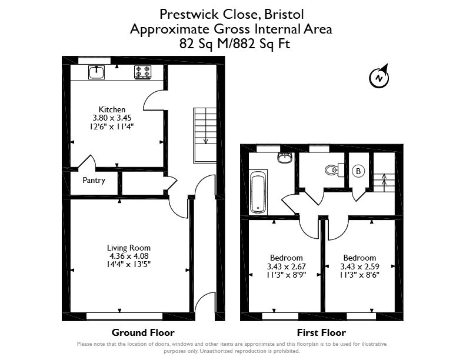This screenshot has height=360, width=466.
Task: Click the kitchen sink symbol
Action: [96, 72]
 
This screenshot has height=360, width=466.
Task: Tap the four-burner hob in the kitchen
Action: [142, 72]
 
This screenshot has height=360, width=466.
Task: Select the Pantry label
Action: [94, 181]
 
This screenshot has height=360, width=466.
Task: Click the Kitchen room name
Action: [112, 109]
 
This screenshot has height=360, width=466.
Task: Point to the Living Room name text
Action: [129, 248]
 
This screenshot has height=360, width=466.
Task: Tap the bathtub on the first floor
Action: [258, 192]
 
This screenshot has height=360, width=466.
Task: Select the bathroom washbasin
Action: [285, 158]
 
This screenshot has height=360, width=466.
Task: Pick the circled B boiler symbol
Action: [358, 171]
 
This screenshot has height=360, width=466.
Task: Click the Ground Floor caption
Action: [143, 332]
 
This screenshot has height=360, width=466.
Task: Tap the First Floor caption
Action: [322, 332]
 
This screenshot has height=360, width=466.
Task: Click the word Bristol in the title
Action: [284, 14]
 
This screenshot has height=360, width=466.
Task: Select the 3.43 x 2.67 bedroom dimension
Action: [287, 266]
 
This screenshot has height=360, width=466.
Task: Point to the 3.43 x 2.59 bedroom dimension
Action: [360, 266]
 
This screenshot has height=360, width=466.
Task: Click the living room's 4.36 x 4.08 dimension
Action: [129, 256]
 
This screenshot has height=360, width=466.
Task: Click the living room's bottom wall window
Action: [125, 316]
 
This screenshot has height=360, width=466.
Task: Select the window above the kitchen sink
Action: [94, 61]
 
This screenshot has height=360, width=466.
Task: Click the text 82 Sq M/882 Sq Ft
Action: [235, 44]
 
